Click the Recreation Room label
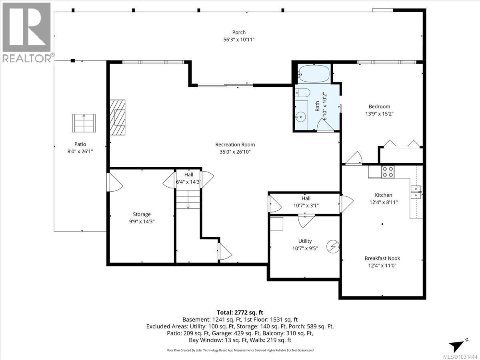click(235, 144)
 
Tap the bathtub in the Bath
click(314, 74)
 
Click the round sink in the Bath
click(300, 117)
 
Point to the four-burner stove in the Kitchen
click(387, 172)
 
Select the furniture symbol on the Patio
click(84, 123)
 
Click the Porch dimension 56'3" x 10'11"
click(239, 39)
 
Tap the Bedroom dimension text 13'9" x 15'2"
click(379, 114)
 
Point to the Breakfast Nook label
click(382, 258)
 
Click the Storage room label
click(142, 214)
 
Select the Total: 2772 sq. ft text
click(240, 312)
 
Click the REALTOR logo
click(26, 32)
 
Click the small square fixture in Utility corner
click(276, 224)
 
